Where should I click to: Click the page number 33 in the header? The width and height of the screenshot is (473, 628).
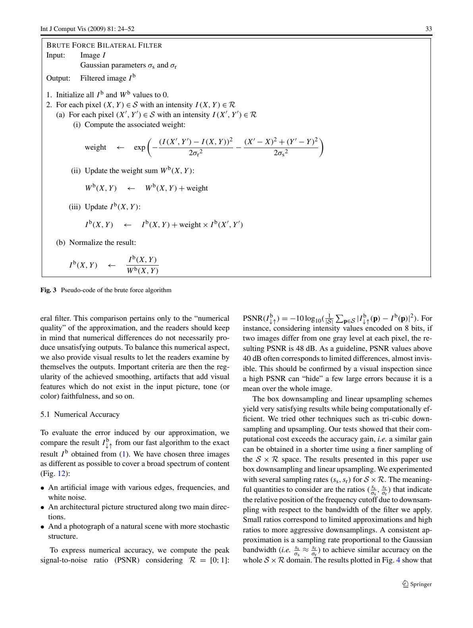coord(429,29)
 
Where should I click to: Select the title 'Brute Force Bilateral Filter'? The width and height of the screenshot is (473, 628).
coord(104,45)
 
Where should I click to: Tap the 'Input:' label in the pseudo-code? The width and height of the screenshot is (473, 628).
coord(56,55)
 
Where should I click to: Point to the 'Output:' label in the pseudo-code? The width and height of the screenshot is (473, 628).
coord(58,78)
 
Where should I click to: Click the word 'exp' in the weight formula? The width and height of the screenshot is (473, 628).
coord(139,147)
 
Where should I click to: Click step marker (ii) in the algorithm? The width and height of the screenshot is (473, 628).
coord(75,171)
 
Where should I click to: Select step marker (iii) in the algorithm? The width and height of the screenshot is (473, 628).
coord(75,207)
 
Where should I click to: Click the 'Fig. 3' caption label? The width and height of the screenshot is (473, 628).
coord(49,290)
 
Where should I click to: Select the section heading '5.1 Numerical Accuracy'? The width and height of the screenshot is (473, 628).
coord(80,414)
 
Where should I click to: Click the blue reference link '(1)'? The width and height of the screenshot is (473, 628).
coord(124,454)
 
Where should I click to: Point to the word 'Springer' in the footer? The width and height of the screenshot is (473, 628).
coord(421,584)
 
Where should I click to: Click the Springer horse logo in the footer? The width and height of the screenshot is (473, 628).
coord(405,584)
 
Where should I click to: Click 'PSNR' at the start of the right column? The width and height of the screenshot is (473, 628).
coord(252,318)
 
